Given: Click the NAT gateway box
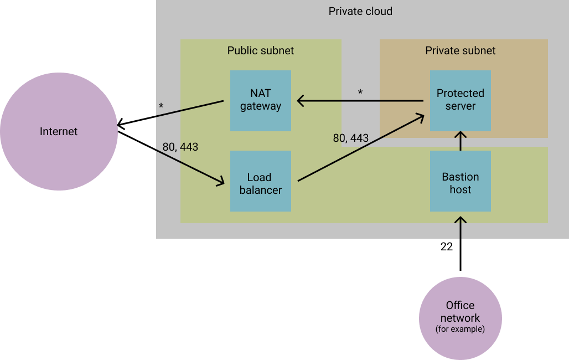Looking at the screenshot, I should tap(260, 100).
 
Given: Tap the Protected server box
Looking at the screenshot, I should tap(460, 100).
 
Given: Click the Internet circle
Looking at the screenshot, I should tap(59, 131).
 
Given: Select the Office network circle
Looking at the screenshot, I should tap(460, 318).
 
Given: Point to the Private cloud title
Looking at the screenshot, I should tap(360, 11).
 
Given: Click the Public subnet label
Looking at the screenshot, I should tap(260, 50).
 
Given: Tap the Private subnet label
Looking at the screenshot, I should tap(460, 50).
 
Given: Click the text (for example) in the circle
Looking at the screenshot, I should tap(460, 329).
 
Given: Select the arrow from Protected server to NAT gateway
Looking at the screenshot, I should tap(360, 101).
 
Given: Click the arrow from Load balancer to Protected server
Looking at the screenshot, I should tap(360, 147).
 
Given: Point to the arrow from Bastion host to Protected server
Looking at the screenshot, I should tap(460, 141).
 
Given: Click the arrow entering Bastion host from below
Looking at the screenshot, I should tap(460, 227).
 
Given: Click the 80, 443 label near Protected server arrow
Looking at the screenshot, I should tap(350, 138).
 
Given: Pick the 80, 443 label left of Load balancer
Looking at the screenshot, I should tap(180, 147).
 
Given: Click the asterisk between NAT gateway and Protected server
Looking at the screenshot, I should tap(360, 92).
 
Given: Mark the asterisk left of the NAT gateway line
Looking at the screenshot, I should tap(161, 105).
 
